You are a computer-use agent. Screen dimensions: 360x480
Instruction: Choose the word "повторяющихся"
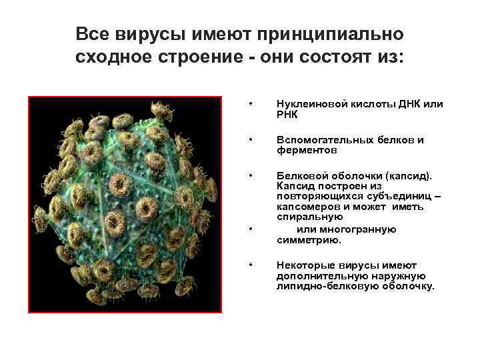coord(311,197)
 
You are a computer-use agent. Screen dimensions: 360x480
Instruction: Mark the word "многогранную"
coord(365,229)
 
